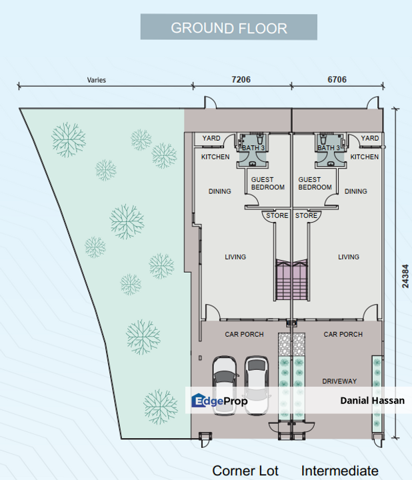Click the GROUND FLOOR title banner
tap(229, 28)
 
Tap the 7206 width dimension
tap(241, 79)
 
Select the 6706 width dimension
tap(337, 79)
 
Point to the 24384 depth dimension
tap(405, 274)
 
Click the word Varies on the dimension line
tap(96, 80)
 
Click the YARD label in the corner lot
tap(211, 139)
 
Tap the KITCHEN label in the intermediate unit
tap(365, 157)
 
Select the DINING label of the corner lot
tap(219, 191)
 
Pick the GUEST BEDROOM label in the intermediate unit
tap(315, 183)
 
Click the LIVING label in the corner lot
tap(235, 257)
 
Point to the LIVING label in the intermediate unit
tap(348, 257)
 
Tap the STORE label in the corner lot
tap(277, 216)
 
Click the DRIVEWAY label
tap(339, 381)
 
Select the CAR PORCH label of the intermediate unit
tap(343, 334)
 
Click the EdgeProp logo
tap(219, 401)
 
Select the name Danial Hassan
tap(367, 401)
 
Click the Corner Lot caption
tap(245, 471)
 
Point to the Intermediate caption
tap(339, 471)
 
